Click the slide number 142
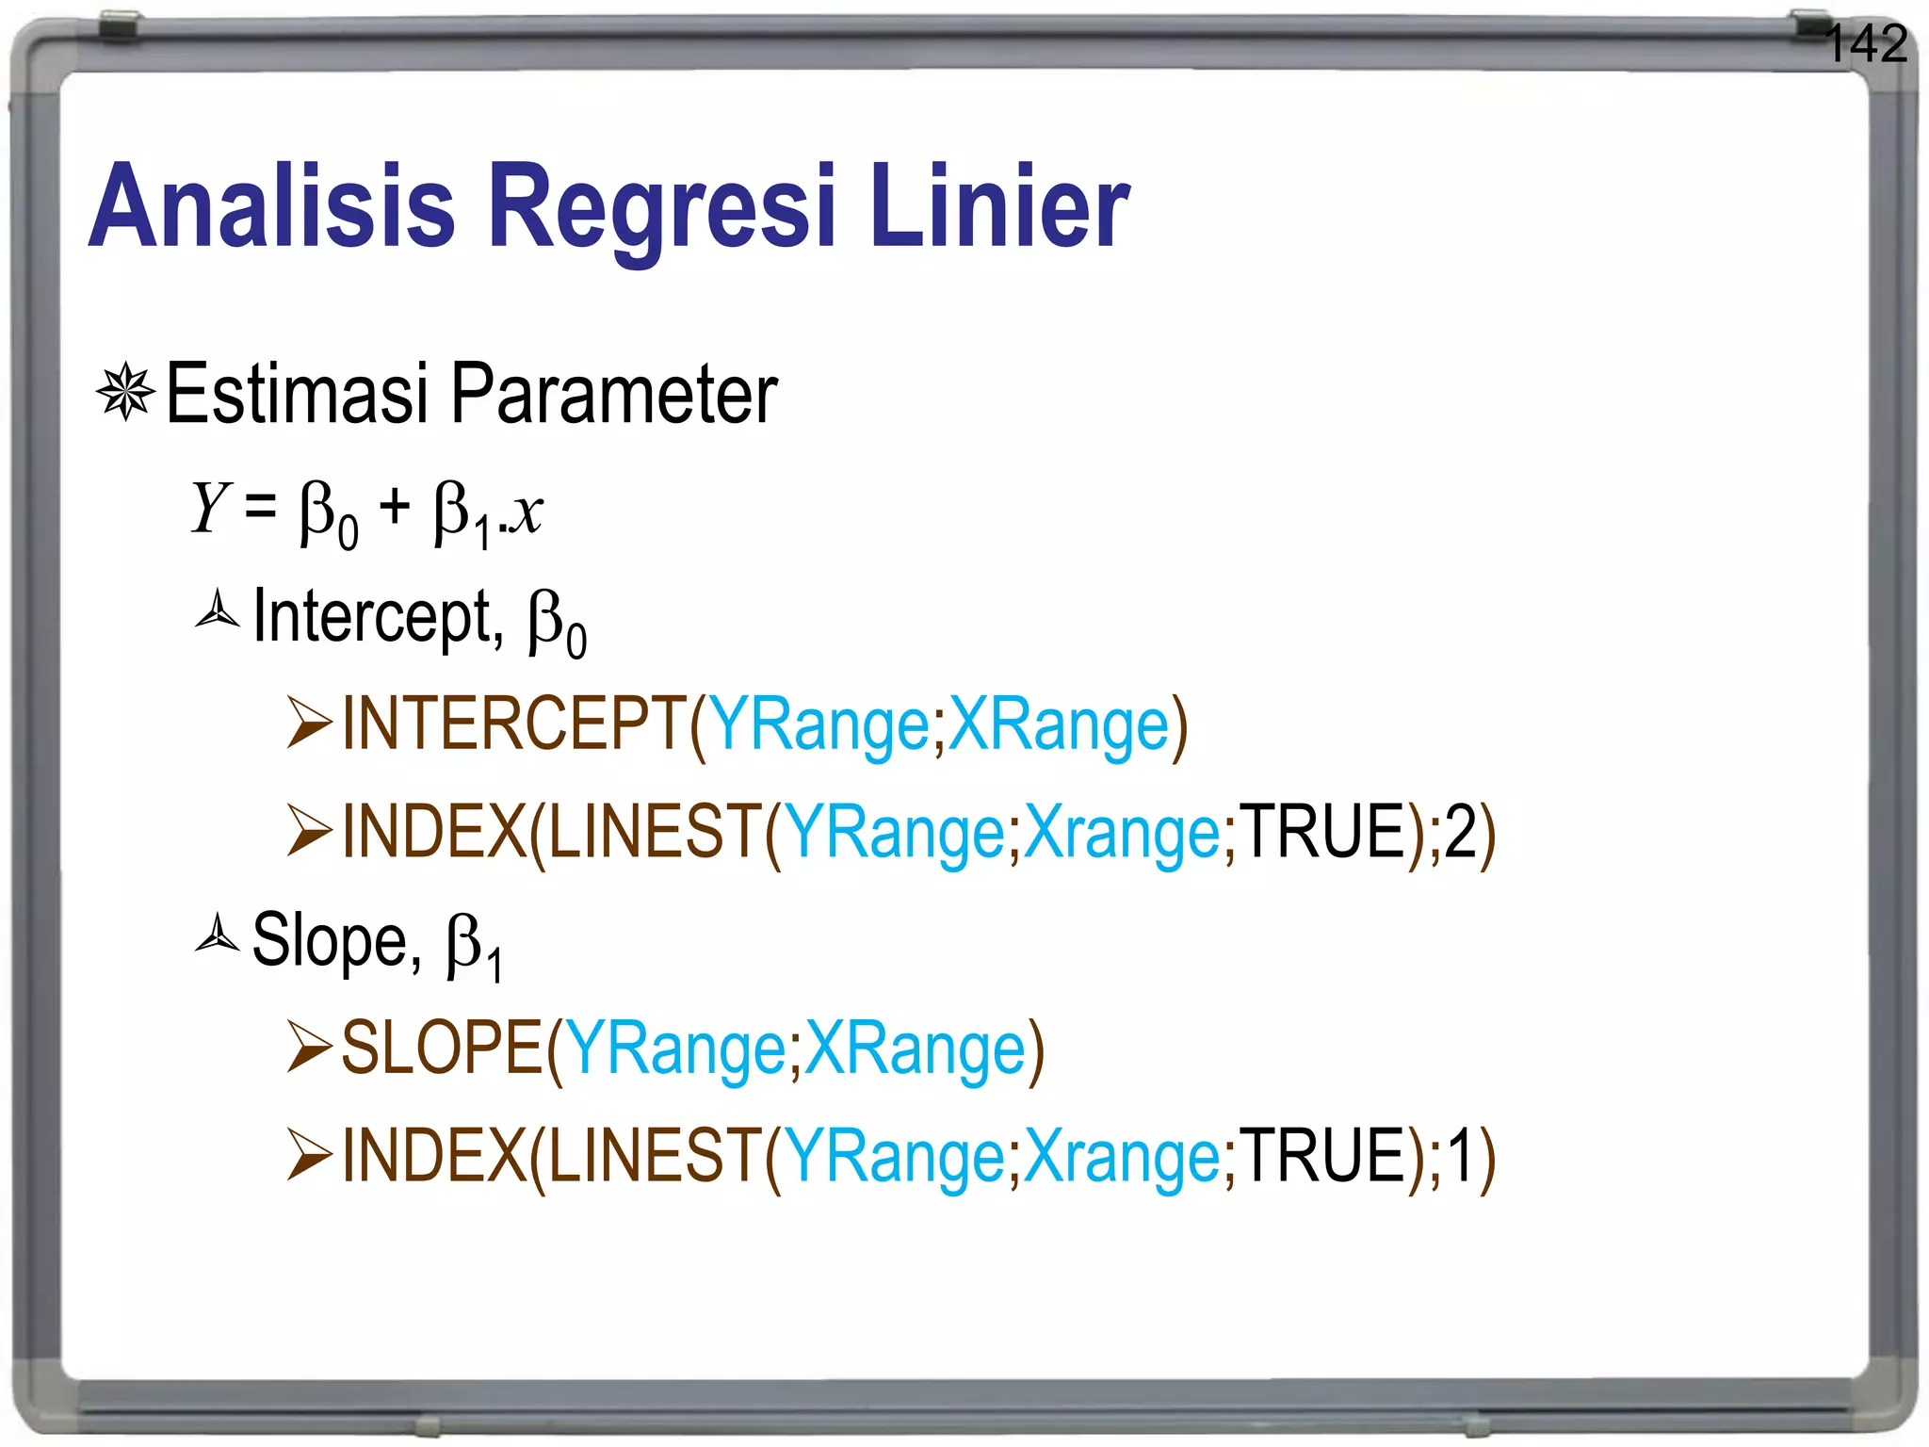1866,44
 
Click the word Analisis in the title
272,206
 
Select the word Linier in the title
998,206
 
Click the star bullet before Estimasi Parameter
125,392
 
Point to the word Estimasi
298,394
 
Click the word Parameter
614,394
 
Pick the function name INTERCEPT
514,723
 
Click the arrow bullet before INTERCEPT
310,723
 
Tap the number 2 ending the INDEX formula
1460,832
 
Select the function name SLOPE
442,1048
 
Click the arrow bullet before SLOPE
310,1048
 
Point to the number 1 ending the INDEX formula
1460,1156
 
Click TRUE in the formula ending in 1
1322,1156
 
